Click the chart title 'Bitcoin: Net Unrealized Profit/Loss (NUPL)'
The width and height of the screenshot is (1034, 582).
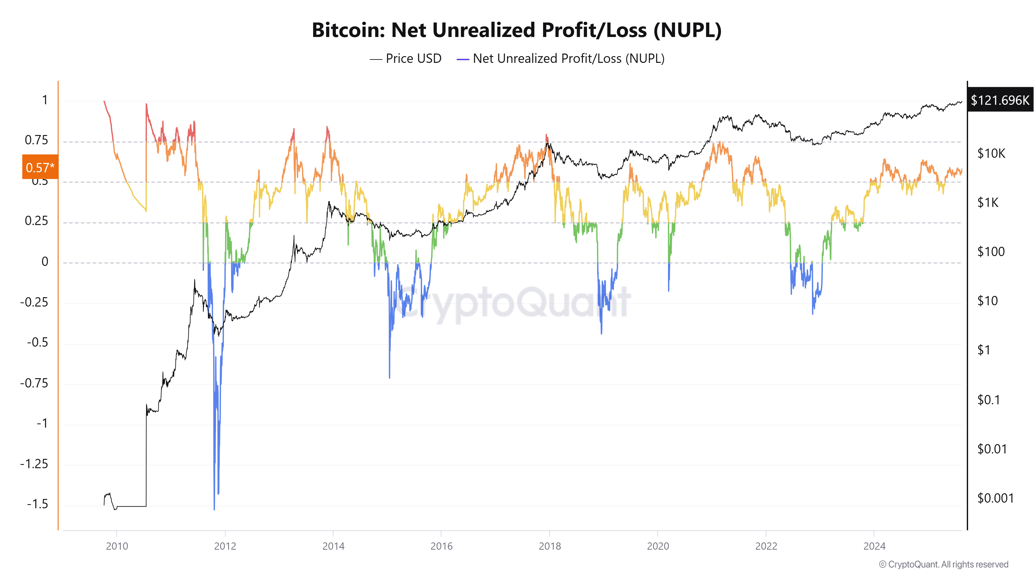[x=516, y=30]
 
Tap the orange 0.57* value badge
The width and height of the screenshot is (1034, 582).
[x=40, y=167]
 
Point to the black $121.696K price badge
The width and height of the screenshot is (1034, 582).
[x=1000, y=100]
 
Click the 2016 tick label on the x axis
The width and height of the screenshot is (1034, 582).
[x=441, y=546]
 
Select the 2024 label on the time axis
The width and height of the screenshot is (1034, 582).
[x=874, y=546]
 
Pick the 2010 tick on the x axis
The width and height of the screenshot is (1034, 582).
[x=117, y=546]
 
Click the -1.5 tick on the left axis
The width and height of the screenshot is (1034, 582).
[x=37, y=504]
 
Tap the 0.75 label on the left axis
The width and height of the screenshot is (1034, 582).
[x=36, y=140]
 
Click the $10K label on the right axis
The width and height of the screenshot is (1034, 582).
[x=991, y=153]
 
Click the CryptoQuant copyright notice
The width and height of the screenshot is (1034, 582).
[x=943, y=564]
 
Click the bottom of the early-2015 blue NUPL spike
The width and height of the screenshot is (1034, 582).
[x=389, y=378]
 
